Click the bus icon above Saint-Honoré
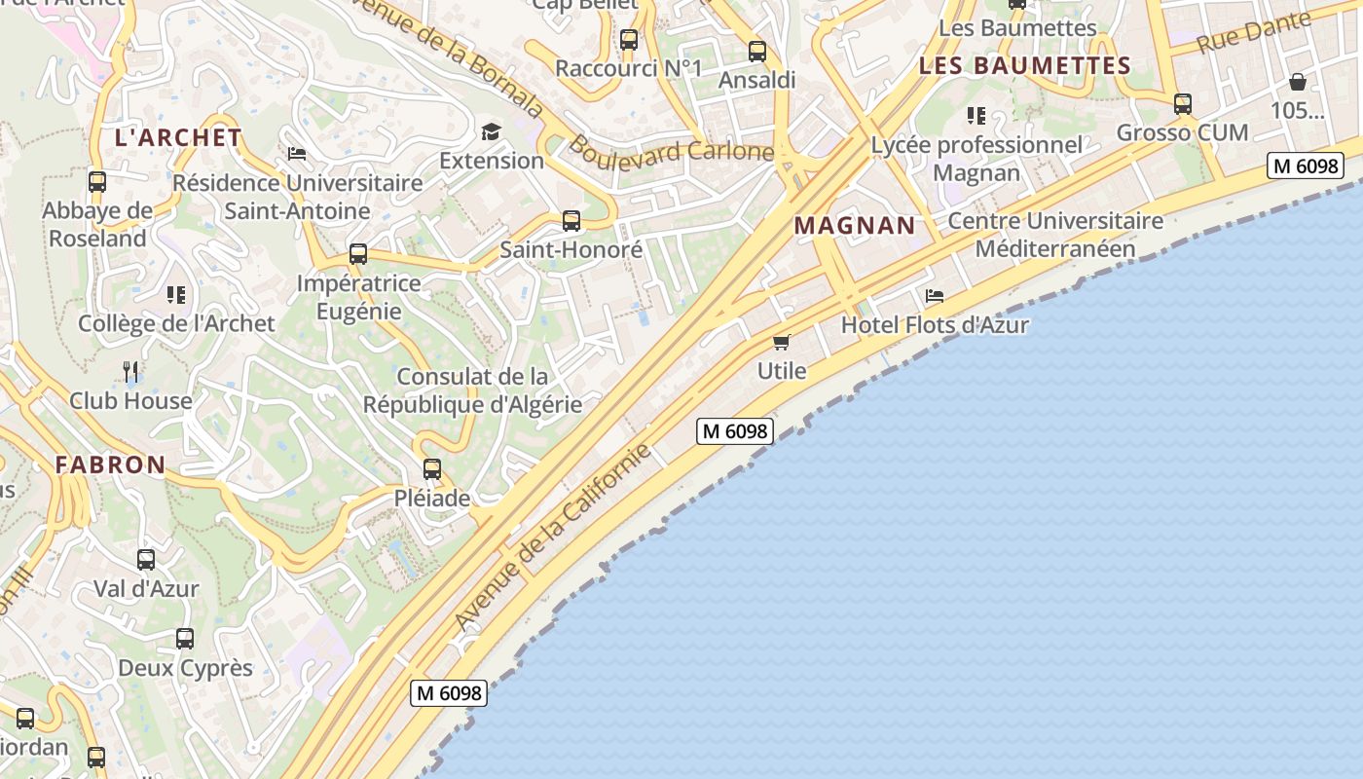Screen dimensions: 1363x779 [x=571, y=221]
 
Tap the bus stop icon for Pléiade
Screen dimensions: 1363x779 [x=432, y=469]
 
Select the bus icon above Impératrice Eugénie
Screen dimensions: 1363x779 [x=358, y=254]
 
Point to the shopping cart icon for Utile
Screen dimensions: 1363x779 [x=781, y=342]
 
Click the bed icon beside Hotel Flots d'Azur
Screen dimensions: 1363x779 [x=935, y=295]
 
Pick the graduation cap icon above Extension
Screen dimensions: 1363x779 [x=491, y=131]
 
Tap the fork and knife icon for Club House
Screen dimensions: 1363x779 [x=131, y=371]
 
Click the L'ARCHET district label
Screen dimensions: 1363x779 [x=178, y=137]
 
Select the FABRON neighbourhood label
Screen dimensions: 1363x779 [x=110, y=464]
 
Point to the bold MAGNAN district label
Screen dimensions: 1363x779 [x=855, y=226]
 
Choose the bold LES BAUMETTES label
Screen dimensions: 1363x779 [x=1024, y=66]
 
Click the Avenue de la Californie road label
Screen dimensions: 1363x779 [x=552, y=537]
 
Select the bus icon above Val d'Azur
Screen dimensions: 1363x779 [x=146, y=560]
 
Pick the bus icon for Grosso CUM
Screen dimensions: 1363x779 [x=1183, y=103]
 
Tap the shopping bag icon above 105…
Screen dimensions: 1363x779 [x=1298, y=82]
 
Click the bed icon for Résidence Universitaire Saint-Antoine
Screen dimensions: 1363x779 [x=297, y=154]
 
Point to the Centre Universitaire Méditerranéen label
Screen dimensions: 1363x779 [x=1055, y=235]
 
